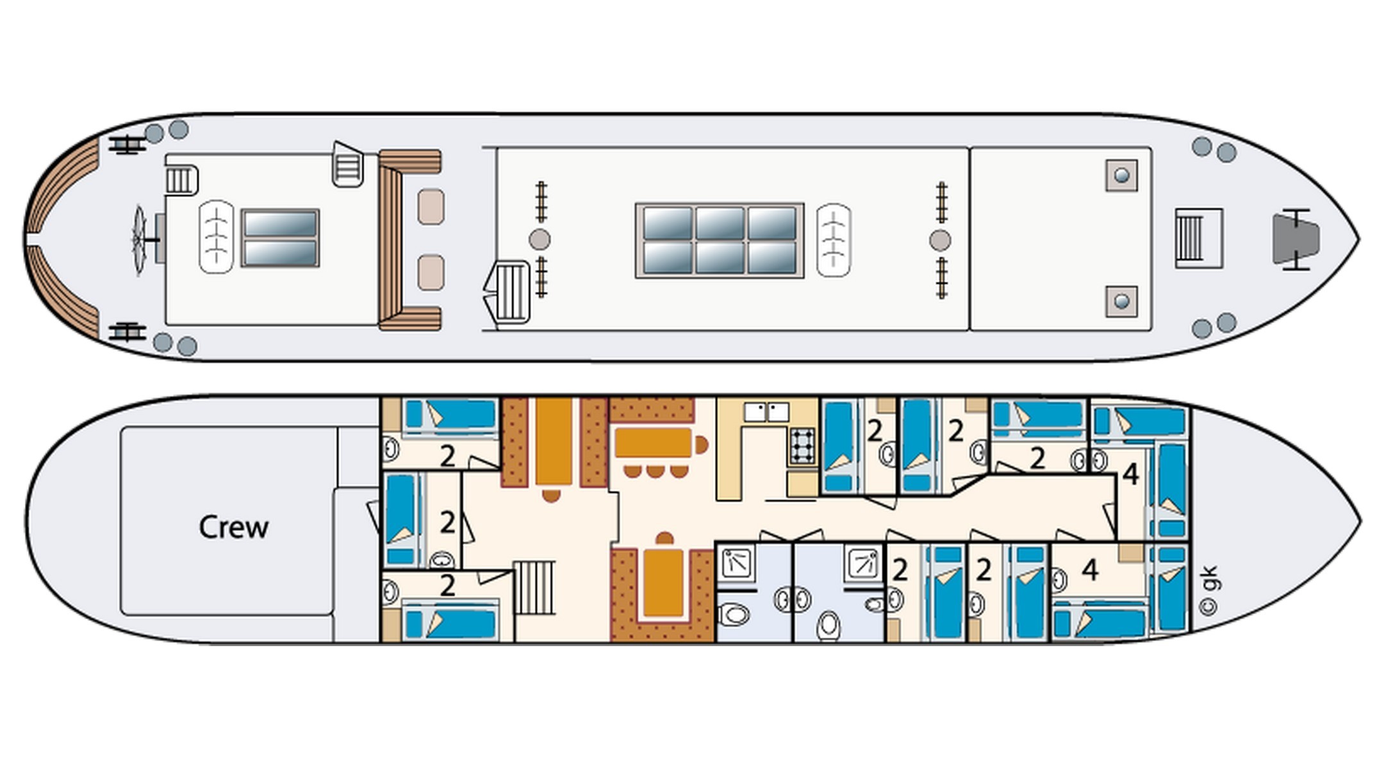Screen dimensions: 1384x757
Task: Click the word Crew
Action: coord(233,528)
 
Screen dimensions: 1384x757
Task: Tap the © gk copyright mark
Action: coord(1209,590)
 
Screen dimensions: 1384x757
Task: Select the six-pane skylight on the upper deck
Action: coord(720,240)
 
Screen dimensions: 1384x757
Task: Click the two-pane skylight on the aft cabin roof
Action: coord(280,238)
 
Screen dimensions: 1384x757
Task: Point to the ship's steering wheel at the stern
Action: coord(139,239)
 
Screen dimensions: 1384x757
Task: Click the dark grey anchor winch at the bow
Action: coord(1296,239)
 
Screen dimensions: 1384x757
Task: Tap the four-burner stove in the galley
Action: coord(802,445)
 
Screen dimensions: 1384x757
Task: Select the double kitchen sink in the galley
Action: coord(766,412)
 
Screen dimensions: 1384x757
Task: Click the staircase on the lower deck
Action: coord(534,588)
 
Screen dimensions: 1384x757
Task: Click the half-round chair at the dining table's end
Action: coord(702,444)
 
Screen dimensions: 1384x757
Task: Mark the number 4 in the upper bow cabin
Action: coord(1131,475)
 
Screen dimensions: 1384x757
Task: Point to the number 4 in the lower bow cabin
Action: coord(1090,569)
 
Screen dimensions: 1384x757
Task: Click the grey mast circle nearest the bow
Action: coord(940,240)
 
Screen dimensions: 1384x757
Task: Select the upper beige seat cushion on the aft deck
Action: coord(431,206)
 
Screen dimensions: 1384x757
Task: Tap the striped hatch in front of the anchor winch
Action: coord(1198,238)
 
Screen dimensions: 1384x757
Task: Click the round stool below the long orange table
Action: coord(551,495)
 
